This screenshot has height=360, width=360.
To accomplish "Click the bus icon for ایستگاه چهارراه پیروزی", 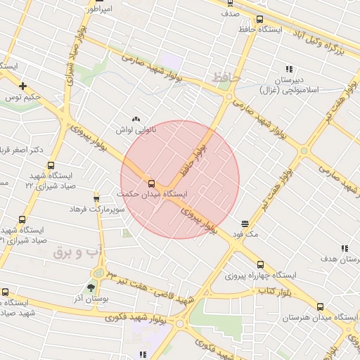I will coord(261,264).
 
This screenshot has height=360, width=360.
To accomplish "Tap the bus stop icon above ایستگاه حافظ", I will coord(260,19).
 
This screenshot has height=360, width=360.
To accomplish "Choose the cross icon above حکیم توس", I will coord(23,86).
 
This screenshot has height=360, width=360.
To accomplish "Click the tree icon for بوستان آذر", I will coord(90,287).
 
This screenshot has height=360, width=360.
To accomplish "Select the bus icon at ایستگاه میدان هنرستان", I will coord(321,307).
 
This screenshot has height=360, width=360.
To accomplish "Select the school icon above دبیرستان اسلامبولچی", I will coord(288,69).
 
